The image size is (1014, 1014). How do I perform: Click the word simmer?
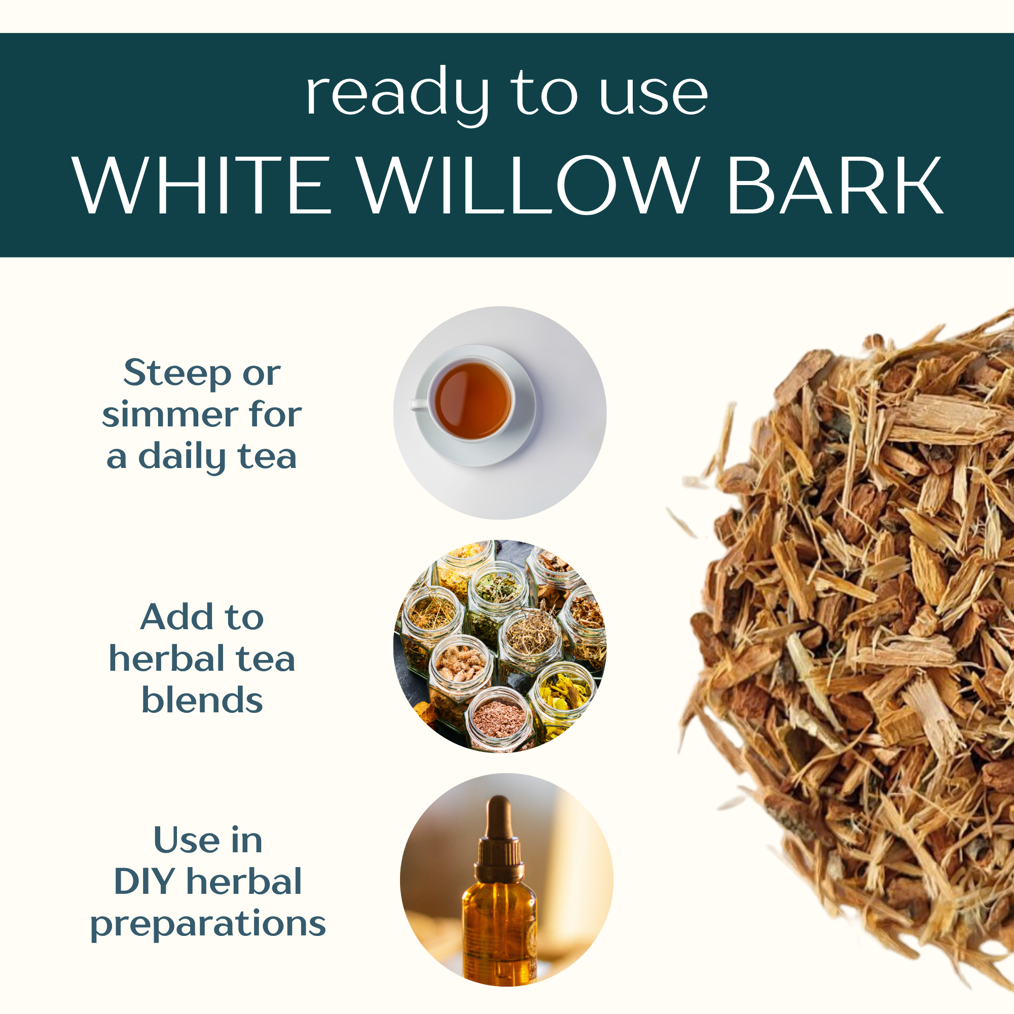(170, 415)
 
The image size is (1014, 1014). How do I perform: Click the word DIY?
(145, 882)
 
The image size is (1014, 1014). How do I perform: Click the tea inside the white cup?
(473, 401)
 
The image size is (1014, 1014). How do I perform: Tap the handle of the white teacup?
(419, 405)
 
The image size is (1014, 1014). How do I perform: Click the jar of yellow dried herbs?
(562, 698)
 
